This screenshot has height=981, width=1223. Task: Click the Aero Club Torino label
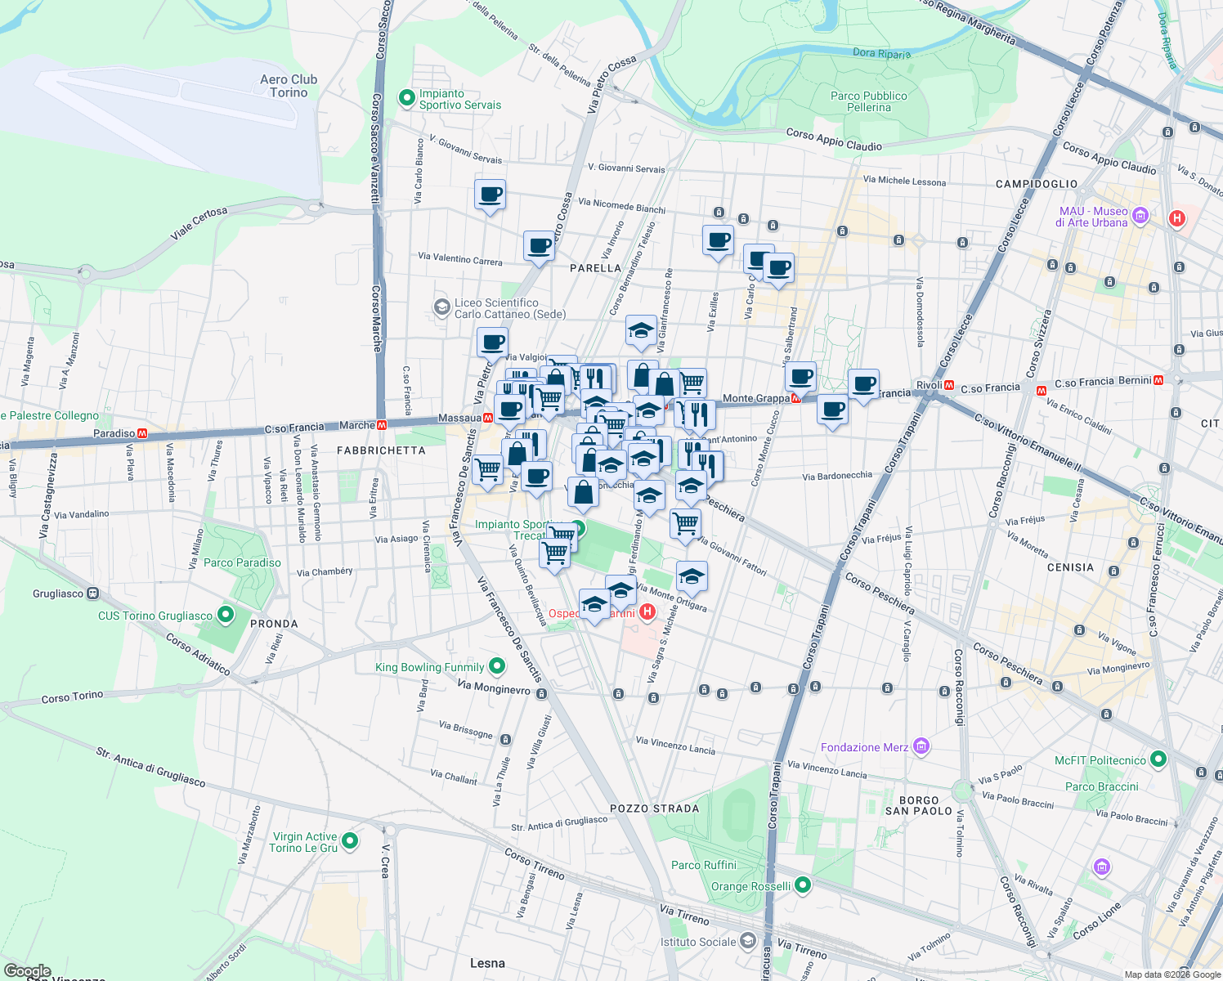point(289,86)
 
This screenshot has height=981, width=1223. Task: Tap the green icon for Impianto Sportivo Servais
point(406,99)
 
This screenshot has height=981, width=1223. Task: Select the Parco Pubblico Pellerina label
point(868,101)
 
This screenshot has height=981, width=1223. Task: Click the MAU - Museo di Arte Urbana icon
point(1140,217)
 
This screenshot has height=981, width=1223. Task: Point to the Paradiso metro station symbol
point(142,433)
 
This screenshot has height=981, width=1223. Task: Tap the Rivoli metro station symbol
point(949,385)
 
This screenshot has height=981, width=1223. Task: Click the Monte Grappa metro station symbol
point(795,398)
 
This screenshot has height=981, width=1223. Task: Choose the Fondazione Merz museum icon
point(921,746)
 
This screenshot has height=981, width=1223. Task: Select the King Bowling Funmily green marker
point(496,667)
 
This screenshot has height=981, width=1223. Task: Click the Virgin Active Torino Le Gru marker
point(350,841)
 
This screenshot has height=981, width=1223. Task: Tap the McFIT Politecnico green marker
point(1158,760)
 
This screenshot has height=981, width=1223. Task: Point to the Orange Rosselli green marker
point(802,885)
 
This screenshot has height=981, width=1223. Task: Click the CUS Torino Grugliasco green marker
point(226,615)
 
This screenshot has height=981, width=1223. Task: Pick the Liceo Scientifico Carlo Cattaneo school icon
point(442,308)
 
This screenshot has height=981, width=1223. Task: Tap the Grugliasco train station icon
point(93,594)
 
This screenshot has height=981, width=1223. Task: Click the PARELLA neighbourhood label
point(595,268)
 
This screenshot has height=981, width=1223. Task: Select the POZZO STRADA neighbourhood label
point(655,809)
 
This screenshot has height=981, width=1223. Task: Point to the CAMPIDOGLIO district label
point(1037,184)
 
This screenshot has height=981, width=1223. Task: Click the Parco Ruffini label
point(704,865)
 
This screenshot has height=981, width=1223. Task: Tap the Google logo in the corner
point(27,971)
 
